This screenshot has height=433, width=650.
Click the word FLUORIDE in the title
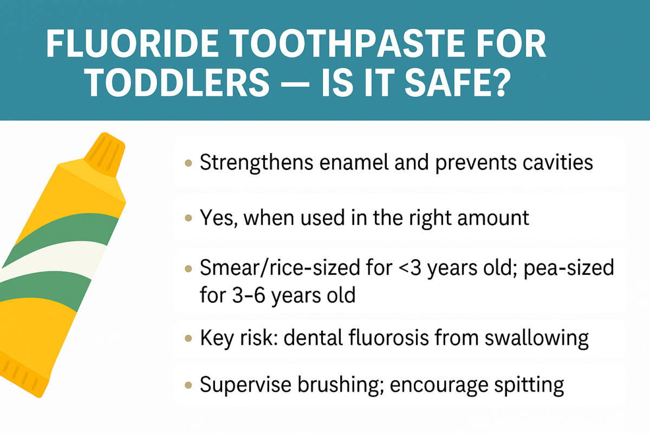pos(133,44)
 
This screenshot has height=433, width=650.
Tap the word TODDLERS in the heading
pos(178,82)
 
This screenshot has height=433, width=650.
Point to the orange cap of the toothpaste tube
pos(105,155)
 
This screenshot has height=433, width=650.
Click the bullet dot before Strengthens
pos(188,162)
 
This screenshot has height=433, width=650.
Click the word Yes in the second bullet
pos(217,218)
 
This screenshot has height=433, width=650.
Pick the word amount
pos(493,218)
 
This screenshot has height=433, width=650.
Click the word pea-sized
pos(569,268)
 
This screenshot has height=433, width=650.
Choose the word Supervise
pos(246,385)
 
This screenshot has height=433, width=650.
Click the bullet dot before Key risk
pos(188,338)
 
